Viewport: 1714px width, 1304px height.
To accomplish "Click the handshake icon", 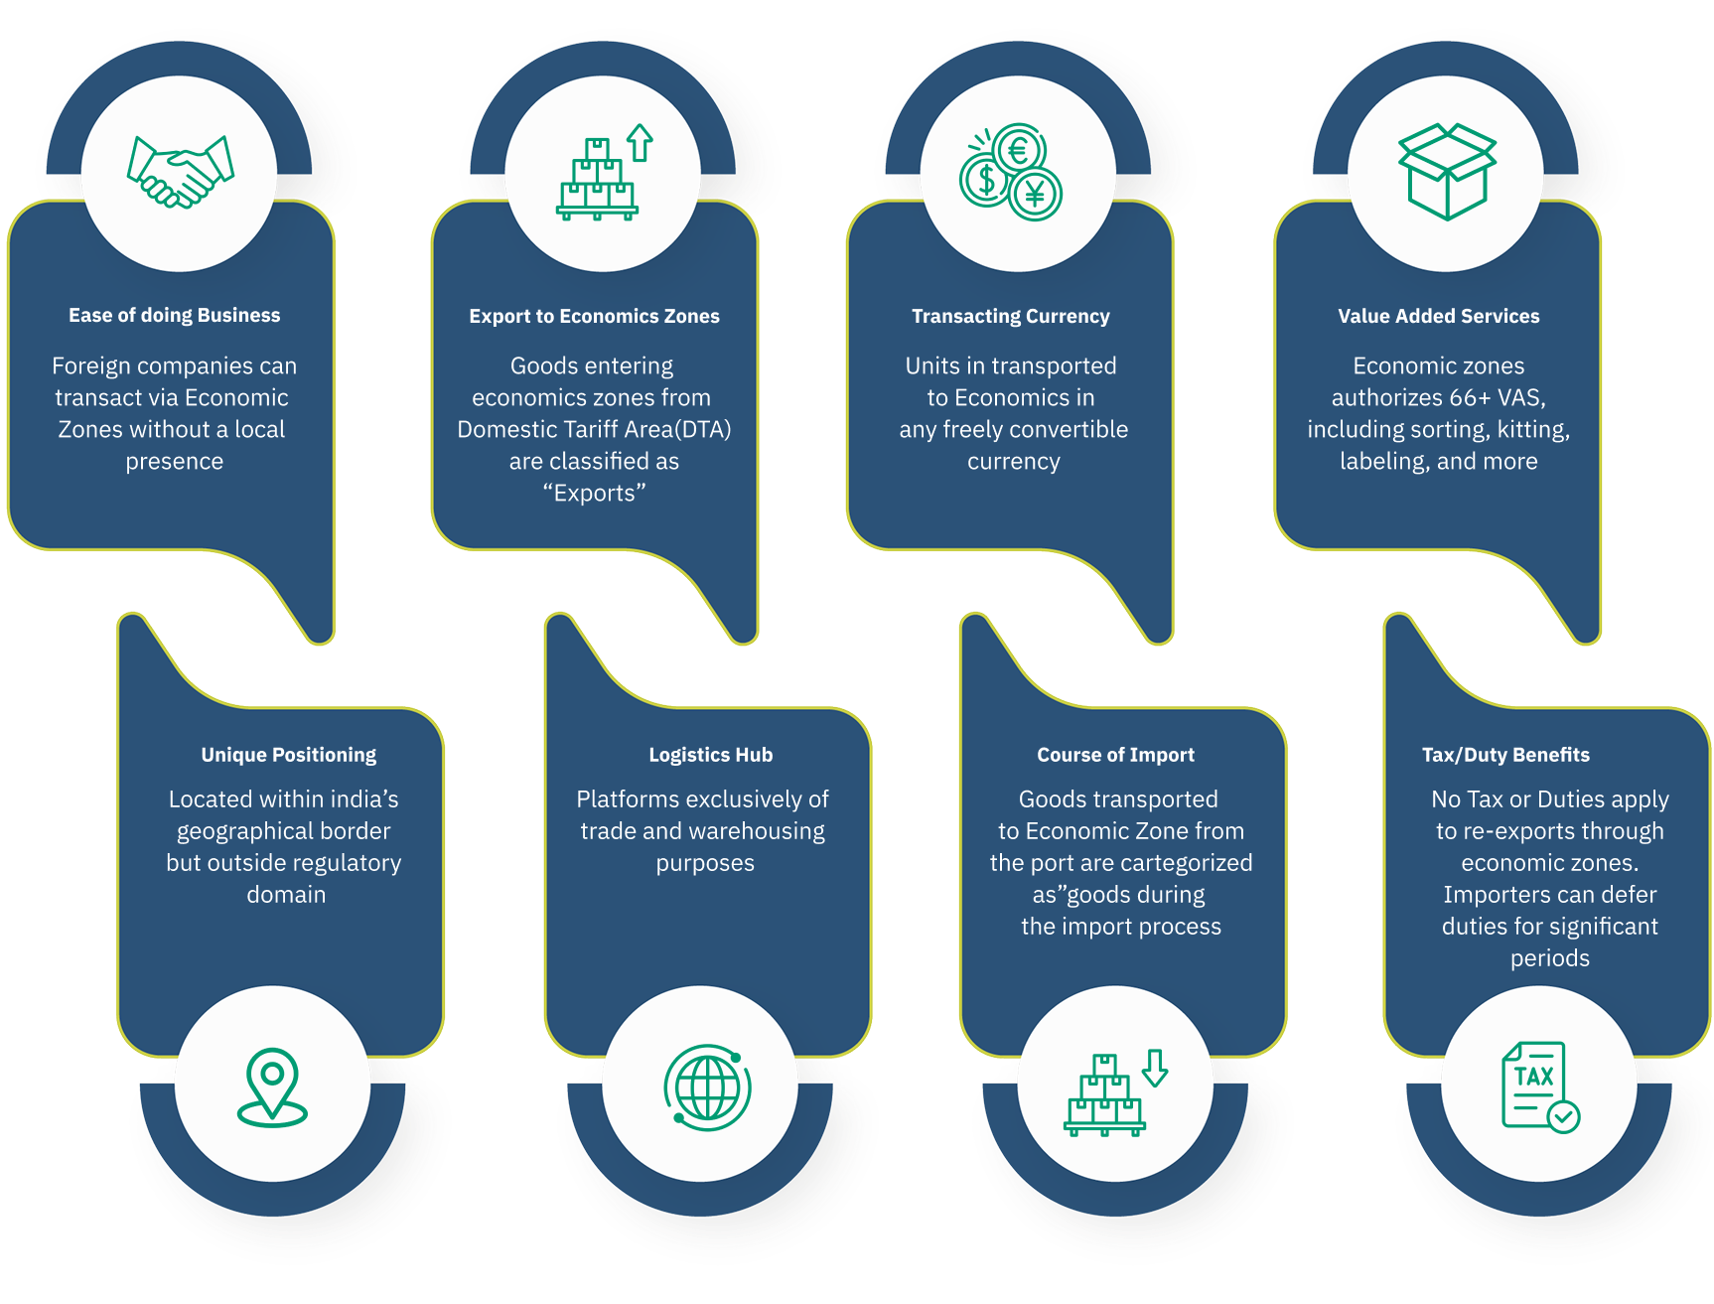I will click(180, 172).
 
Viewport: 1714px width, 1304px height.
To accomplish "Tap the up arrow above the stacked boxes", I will click(641, 142).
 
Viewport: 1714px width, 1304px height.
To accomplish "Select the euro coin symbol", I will click(1018, 152).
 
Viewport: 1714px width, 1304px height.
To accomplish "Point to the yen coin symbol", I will click(1036, 195).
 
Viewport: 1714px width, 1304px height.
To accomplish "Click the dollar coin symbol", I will click(986, 181).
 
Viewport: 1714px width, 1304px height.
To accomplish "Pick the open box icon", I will click(1447, 171).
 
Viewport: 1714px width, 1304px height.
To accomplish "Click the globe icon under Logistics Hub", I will click(707, 1087).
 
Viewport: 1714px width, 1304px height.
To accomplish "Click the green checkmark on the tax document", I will click(1563, 1116).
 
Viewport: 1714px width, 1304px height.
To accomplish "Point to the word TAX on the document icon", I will click(1533, 1076).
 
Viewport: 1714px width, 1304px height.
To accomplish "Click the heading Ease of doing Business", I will click(175, 315).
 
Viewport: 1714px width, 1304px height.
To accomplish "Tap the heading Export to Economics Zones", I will click(594, 316).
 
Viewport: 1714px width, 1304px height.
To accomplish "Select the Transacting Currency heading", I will click(1011, 316).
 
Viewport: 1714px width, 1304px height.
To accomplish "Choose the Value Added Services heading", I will click(1438, 316).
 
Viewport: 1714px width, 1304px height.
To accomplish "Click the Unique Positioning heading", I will click(289, 755).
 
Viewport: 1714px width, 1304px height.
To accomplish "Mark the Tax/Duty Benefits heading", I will click(1505, 755).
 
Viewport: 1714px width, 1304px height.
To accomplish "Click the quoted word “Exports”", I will click(594, 493).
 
